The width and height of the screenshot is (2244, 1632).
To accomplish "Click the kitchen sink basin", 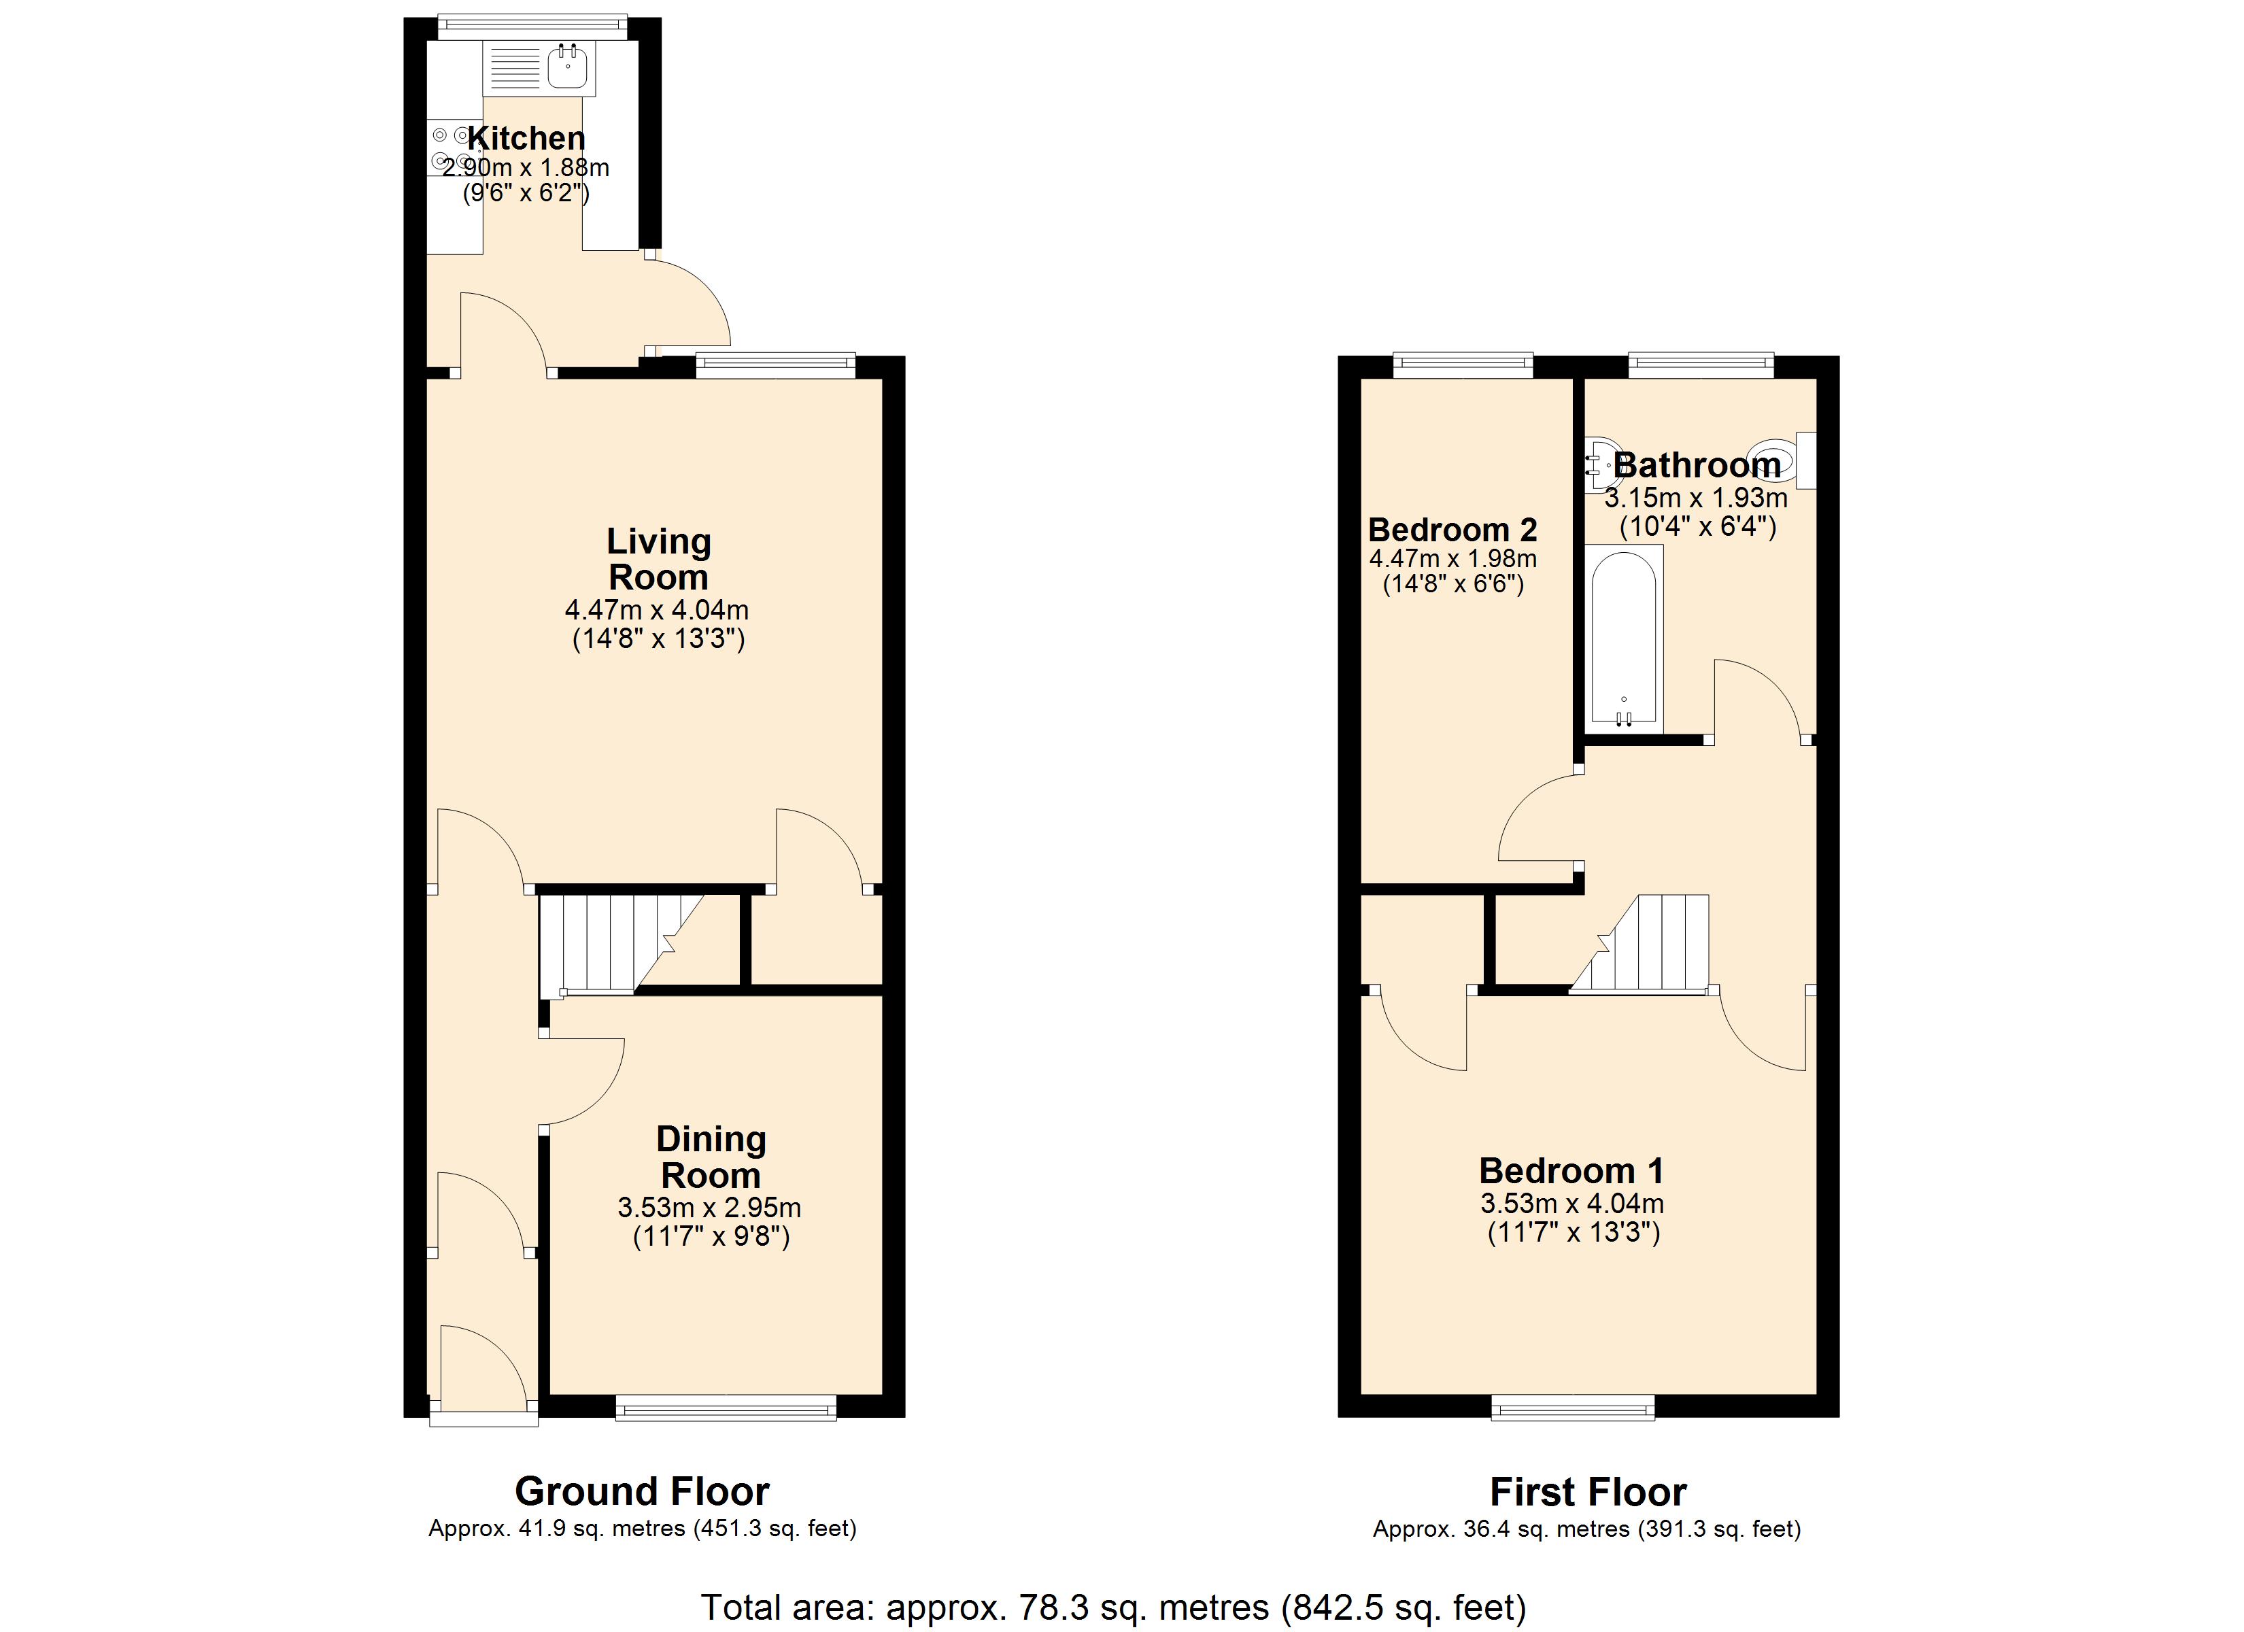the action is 567,67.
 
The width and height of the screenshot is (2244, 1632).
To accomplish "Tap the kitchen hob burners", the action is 451,148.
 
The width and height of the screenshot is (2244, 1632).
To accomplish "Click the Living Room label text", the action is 658,559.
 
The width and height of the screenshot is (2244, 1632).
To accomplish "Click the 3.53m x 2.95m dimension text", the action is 709,1208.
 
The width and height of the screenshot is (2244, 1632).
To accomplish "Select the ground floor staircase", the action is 620,942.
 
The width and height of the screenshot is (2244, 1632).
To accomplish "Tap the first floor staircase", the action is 1639,942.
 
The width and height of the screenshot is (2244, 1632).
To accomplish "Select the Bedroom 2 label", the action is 1452,530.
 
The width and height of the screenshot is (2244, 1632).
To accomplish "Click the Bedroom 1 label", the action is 1571,1171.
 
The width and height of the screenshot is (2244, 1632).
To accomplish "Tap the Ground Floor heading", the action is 642,1491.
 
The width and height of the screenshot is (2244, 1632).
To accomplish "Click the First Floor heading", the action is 1588,1491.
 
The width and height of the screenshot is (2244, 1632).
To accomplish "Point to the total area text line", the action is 1114,1608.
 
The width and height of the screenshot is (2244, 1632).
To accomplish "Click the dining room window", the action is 726,1408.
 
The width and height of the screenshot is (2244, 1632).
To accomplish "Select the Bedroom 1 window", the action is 1573,1408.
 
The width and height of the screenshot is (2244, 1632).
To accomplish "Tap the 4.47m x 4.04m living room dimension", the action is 657,610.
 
